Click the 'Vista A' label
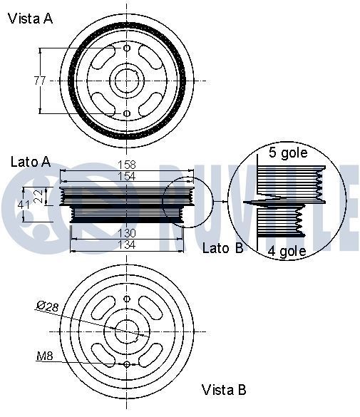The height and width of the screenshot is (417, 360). tap(31, 19)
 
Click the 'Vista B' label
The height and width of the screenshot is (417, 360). tap(224, 390)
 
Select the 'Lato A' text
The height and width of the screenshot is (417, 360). tap(31, 162)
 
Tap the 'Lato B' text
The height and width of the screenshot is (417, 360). tap(223, 248)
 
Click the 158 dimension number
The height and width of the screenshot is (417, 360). tap(126, 165)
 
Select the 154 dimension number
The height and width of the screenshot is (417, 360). tap(126, 176)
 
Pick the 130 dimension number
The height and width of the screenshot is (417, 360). tap(126, 234)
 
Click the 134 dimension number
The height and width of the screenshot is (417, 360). tap(126, 244)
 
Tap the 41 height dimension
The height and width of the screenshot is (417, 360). tap(24, 205)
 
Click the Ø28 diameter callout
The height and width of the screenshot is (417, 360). tap(47, 307)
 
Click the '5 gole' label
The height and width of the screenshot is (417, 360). tap(287, 153)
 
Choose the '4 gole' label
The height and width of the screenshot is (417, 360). tap(287, 251)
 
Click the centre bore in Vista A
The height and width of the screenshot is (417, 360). tap(127, 81)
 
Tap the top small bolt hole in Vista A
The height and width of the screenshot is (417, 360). tap(127, 48)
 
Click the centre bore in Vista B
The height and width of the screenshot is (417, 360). tap(127, 331)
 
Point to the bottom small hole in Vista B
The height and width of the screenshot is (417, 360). tap(127, 364)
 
